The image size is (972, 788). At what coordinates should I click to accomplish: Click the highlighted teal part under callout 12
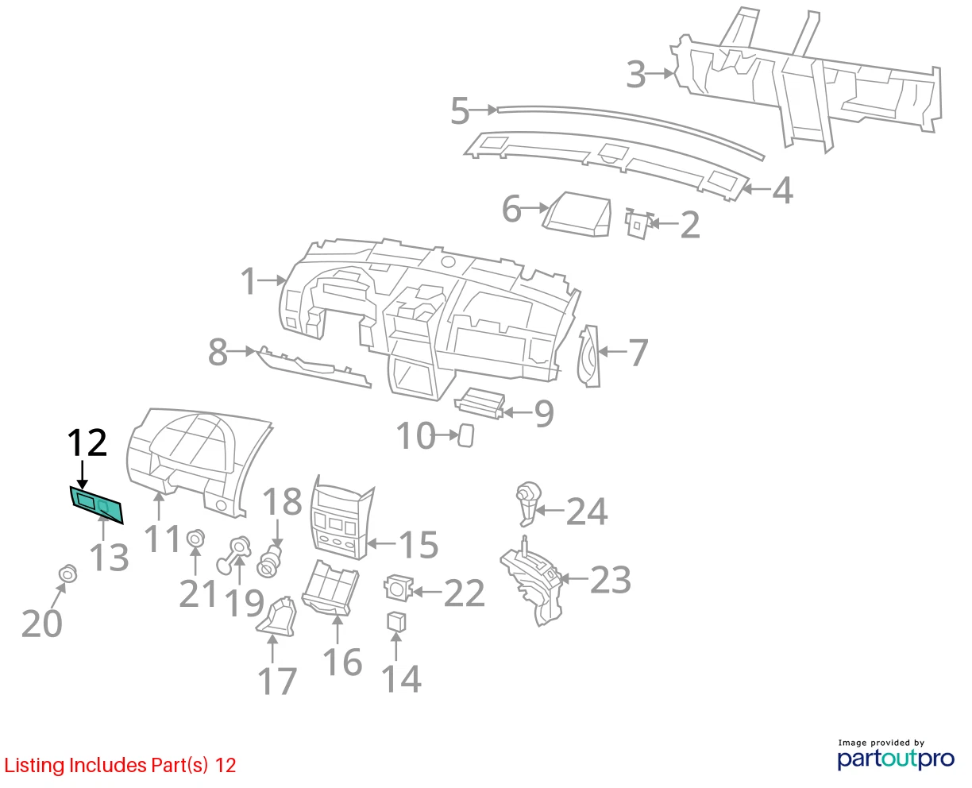point(96,504)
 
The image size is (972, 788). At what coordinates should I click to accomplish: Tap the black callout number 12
point(87,442)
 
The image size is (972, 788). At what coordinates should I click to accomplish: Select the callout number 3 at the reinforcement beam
point(636,75)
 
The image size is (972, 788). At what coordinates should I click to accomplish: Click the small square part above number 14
point(396,621)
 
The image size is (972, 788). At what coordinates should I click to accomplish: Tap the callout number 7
point(638,352)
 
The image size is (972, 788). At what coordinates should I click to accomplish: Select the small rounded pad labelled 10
point(465,435)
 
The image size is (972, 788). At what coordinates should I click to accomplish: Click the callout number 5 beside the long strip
point(460,110)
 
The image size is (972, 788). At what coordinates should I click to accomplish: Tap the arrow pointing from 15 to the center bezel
point(381,543)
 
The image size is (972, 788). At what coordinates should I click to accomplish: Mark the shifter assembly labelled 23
point(534,581)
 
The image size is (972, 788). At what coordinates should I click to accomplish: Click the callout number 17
point(277,682)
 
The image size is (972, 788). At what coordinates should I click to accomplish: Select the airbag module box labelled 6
point(577,214)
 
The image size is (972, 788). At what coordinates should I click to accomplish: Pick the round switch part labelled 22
point(399,588)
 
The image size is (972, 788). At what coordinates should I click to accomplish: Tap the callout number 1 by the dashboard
point(249,280)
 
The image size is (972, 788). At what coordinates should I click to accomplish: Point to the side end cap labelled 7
point(588,357)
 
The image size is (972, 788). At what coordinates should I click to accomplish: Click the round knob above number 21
point(196,539)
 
